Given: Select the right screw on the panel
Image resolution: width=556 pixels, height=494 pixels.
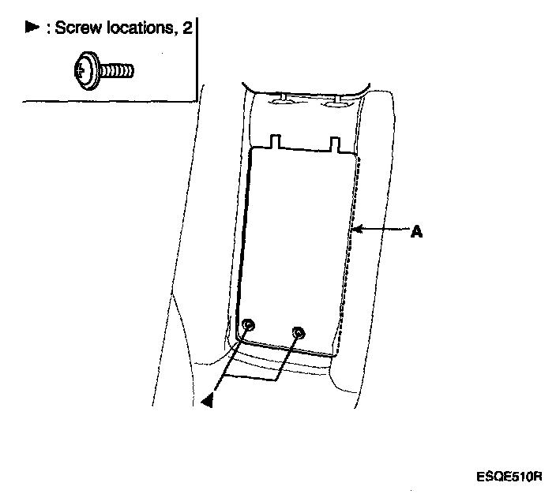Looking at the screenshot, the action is [297, 333].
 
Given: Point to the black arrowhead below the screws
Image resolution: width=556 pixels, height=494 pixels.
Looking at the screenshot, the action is [208, 401].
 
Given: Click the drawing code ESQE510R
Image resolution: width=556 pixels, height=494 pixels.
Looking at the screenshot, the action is [510, 477].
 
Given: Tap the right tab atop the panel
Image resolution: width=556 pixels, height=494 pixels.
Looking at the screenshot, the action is [336, 144].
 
